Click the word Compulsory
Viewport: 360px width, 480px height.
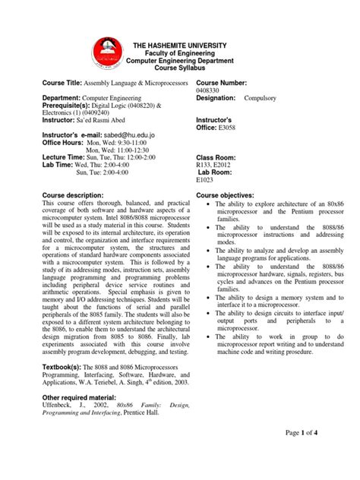261,99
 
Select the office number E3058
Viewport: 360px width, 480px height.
229,128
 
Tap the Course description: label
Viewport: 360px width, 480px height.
76,195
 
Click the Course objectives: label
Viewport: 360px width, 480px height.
228,195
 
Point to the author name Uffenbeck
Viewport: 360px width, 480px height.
59,408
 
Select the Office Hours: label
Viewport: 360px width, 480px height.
63,142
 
